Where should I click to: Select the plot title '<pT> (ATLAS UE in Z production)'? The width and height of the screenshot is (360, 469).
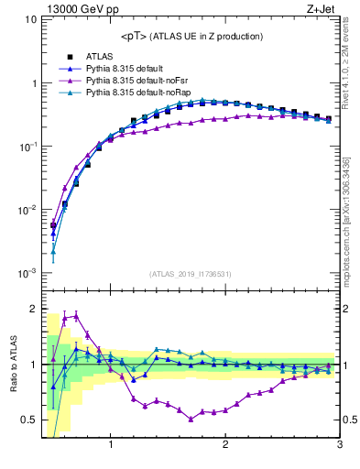click(x=191, y=36)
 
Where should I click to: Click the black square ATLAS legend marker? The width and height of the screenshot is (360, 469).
click(x=63, y=57)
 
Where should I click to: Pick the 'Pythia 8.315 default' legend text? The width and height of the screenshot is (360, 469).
click(x=128, y=69)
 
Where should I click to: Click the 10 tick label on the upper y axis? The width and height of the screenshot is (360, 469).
click(x=27, y=19)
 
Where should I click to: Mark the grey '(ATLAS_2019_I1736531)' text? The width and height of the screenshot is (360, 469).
click(x=191, y=274)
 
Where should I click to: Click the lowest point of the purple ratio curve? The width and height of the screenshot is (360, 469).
click(x=191, y=419)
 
